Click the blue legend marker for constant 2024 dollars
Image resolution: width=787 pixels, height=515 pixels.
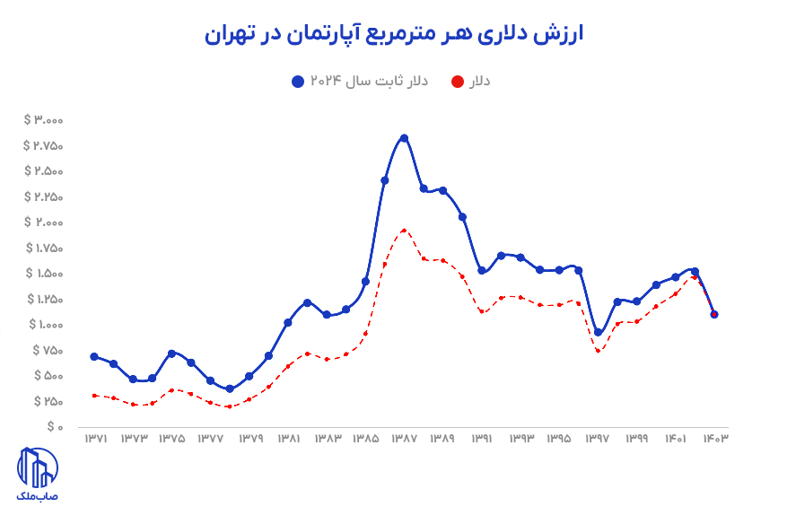(298, 82)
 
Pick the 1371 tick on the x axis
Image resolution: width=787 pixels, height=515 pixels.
(96, 439)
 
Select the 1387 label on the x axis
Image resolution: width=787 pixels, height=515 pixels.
(404, 439)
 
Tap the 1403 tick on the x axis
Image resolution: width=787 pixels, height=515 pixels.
(714, 439)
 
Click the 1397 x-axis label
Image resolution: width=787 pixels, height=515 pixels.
(598, 439)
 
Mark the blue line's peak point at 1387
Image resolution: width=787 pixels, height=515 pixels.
(404, 138)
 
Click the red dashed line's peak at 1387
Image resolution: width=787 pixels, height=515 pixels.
(404, 230)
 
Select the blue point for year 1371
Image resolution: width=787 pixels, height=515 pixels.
(94, 356)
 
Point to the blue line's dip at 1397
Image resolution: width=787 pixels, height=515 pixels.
(598, 333)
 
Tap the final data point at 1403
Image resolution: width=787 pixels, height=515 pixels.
(714, 314)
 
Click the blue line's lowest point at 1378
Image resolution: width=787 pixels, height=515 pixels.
(230, 388)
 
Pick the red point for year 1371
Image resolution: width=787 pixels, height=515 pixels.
(94, 395)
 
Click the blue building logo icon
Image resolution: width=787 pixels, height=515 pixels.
(38, 467)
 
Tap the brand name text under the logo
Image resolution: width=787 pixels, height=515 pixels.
(38, 495)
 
